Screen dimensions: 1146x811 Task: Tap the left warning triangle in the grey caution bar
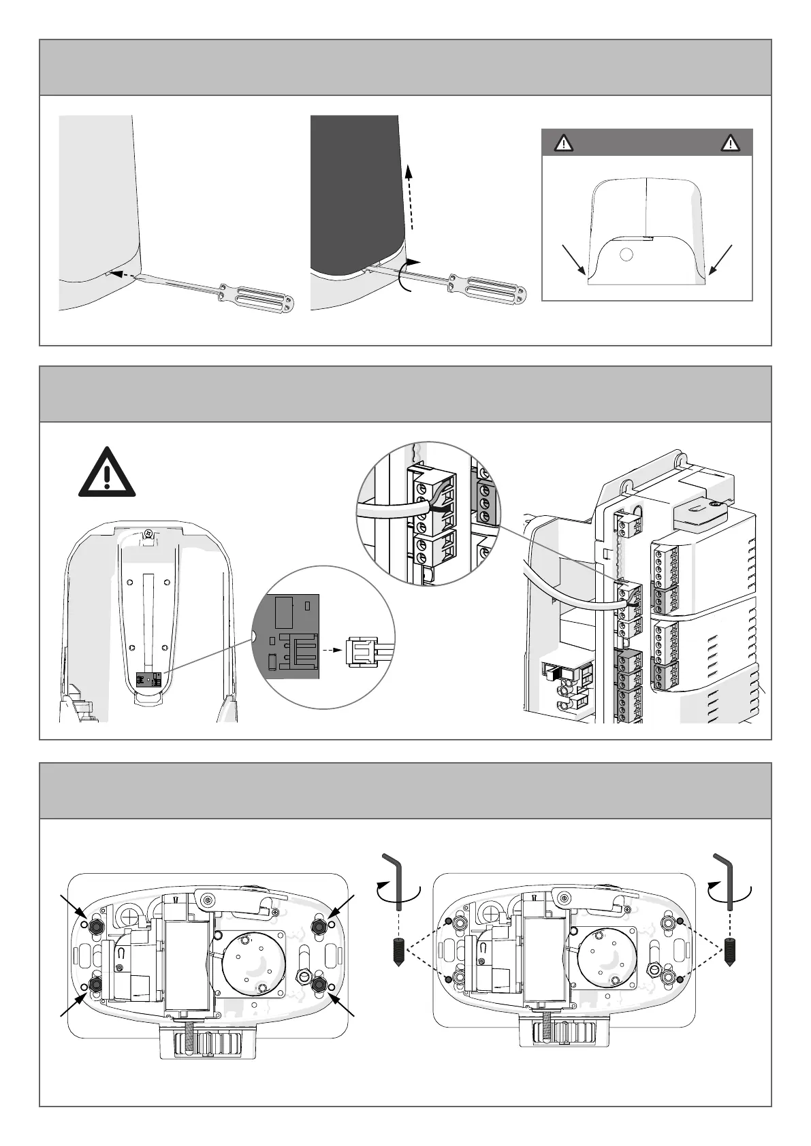coord(563,143)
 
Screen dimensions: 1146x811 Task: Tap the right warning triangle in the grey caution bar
coord(731,143)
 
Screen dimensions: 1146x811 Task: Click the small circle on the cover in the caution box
coord(627,254)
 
